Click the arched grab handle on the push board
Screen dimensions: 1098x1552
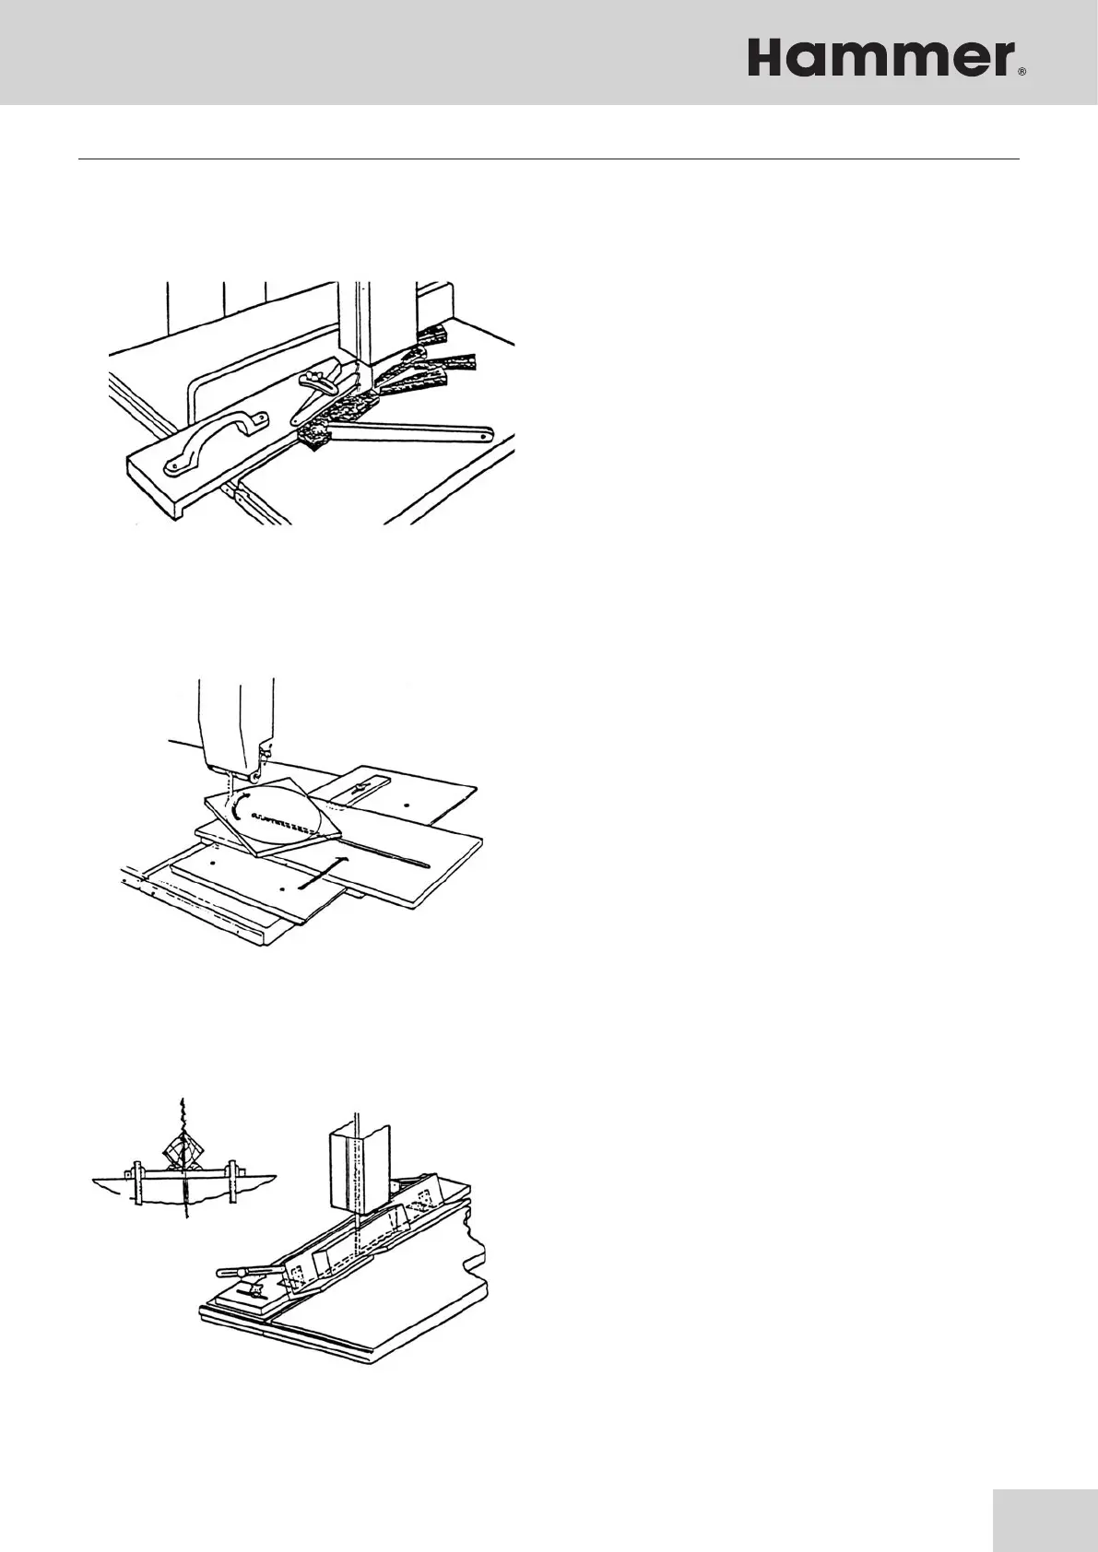tap(213, 439)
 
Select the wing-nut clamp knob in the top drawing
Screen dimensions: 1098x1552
tap(319, 381)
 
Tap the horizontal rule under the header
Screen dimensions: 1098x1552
tap(549, 159)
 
